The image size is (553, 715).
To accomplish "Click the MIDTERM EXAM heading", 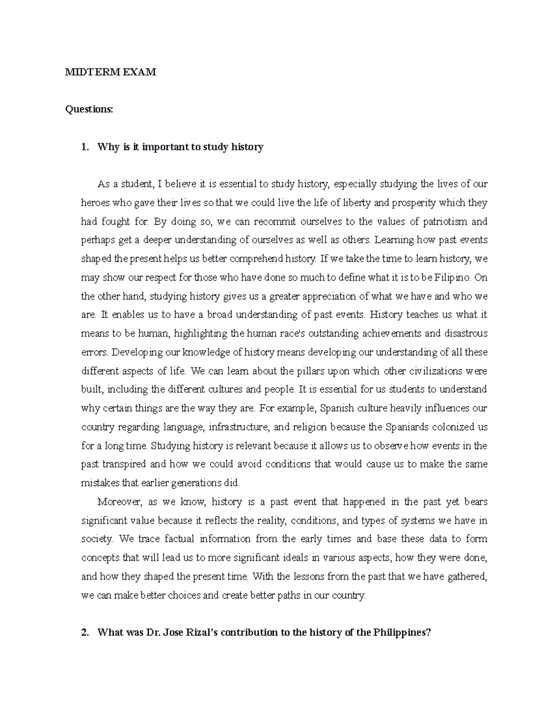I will pyautogui.click(x=111, y=72).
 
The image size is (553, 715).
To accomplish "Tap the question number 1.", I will pyautogui.click(x=83, y=147).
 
